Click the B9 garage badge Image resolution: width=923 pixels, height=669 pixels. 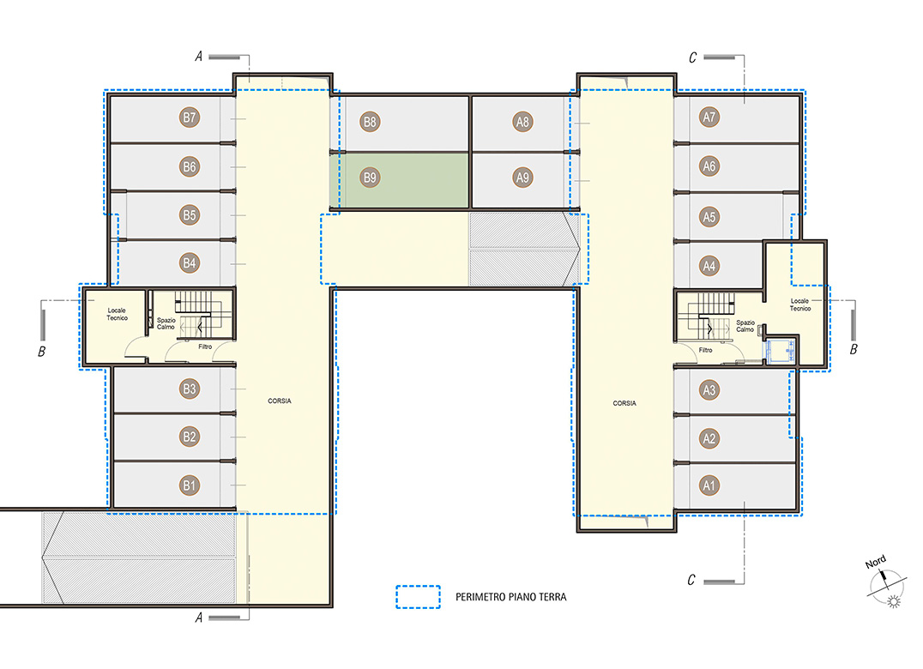pyautogui.click(x=370, y=177)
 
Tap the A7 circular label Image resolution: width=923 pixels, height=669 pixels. pyautogui.click(x=709, y=118)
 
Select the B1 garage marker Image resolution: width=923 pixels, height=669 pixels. pyautogui.click(x=189, y=485)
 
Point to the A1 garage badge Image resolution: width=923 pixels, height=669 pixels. pyautogui.click(x=709, y=485)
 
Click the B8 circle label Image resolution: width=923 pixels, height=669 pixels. pyautogui.click(x=370, y=122)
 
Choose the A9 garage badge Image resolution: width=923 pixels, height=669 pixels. pyautogui.click(x=522, y=177)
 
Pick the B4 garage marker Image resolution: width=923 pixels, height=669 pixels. pyautogui.click(x=189, y=263)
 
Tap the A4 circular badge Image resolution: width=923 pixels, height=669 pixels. pyautogui.click(x=709, y=266)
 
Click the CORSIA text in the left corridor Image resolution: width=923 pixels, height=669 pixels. pyautogui.click(x=280, y=401)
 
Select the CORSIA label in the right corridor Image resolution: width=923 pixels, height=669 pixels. pyautogui.click(x=624, y=403)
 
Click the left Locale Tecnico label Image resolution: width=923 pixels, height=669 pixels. pyautogui.click(x=117, y=314)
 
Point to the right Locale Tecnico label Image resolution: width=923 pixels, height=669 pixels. pyautogui.click(x=800, y=304)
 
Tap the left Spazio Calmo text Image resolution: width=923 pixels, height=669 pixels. pyautogui.click(x=166, y=323)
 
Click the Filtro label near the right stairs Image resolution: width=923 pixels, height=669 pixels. pyautogui.click(x=705, y=350)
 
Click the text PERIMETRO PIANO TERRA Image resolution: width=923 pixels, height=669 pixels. pyautogui.click(x=511, y=597)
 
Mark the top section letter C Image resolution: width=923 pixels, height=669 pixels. pyautogui.click(x=693, y=57)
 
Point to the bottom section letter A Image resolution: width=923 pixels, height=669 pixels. pyautogui.click(x=199, y=618)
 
